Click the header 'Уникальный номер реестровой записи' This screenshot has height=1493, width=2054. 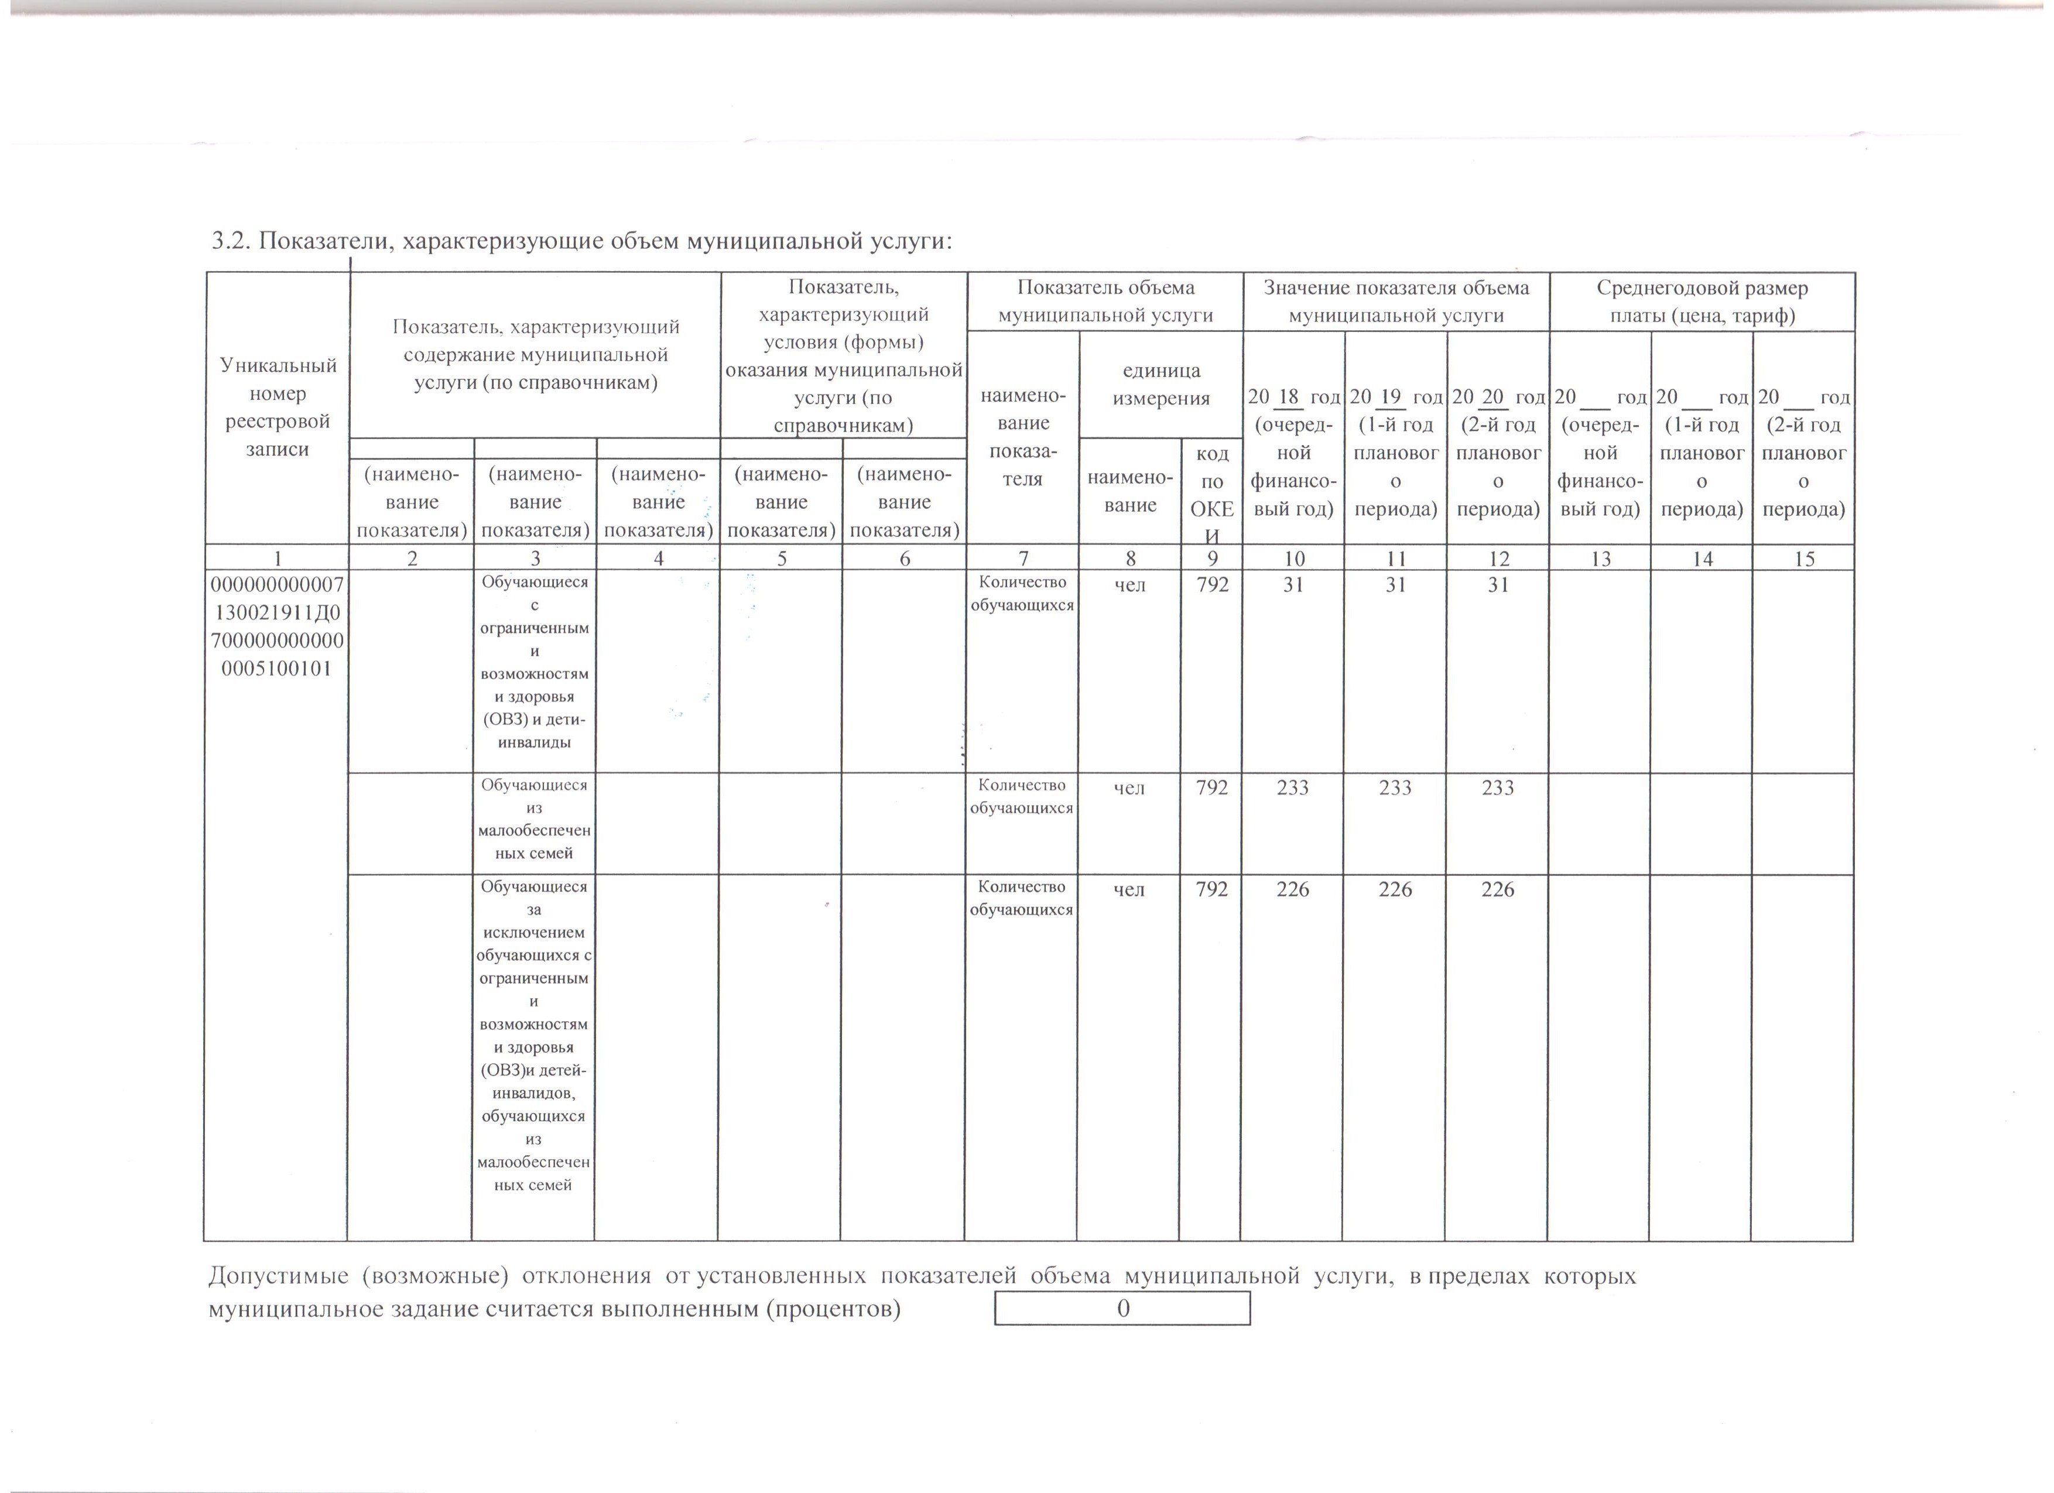pos(277,408)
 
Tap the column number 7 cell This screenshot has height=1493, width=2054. pos(1022,559)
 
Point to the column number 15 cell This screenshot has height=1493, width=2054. pos(1804,559)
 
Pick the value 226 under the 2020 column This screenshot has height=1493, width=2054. pos(1498,889)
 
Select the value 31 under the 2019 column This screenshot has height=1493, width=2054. pos(1396,585)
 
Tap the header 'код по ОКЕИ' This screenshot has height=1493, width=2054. pos(1212,494)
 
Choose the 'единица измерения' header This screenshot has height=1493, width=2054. pos(1161,384)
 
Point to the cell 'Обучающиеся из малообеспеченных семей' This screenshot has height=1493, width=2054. pos(535,819)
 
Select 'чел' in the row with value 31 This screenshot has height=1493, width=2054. pos(1129,585)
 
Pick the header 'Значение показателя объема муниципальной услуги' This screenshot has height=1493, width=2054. pos(1396,302)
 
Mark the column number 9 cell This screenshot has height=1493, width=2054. pos(1212,559)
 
